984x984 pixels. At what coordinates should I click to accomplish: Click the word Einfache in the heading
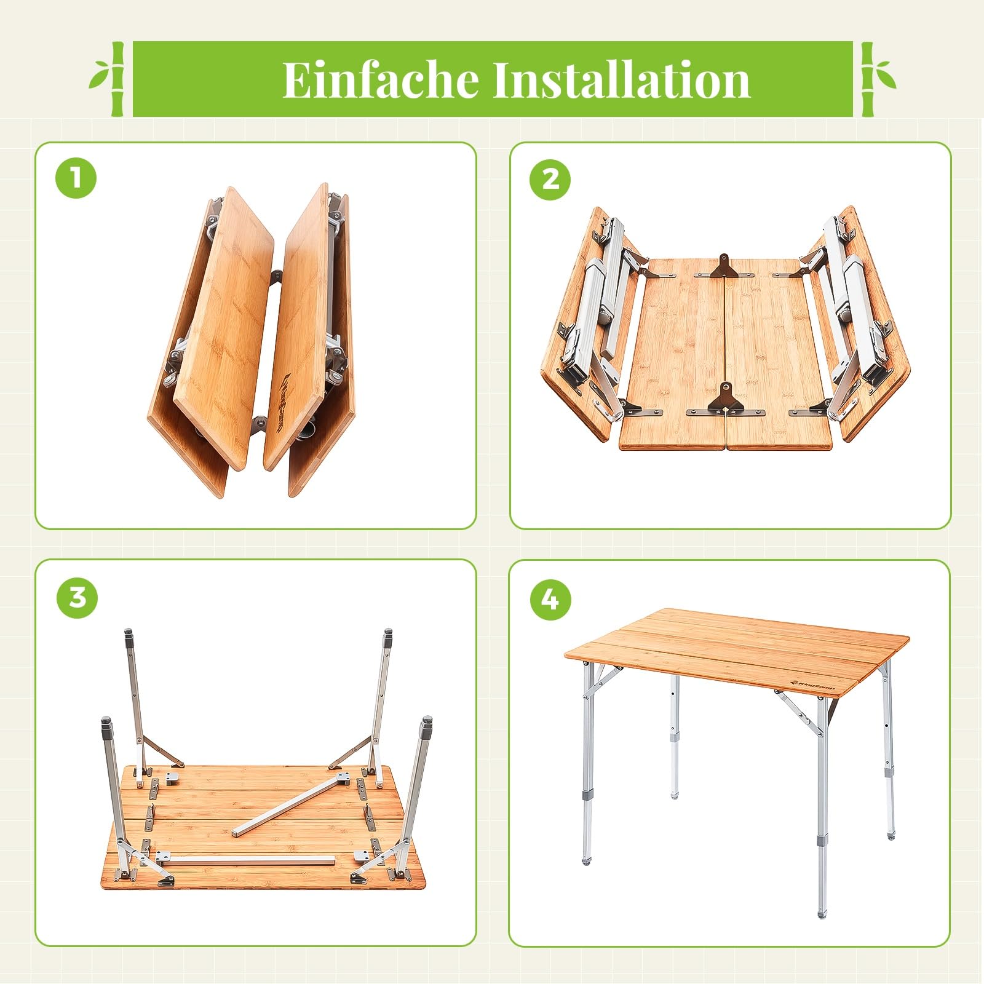[x=381, y=79]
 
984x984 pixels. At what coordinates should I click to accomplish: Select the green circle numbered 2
[x=550, y=179]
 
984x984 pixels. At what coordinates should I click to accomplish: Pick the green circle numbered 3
[x=77, y=597]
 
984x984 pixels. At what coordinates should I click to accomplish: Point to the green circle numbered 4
[x=550, y=598]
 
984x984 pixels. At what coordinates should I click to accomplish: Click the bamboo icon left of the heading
[x=109, y=79]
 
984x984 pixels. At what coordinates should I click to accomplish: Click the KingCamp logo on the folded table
[x=287, y=393]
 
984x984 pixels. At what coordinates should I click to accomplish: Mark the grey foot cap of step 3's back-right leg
[x=388, y=637]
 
